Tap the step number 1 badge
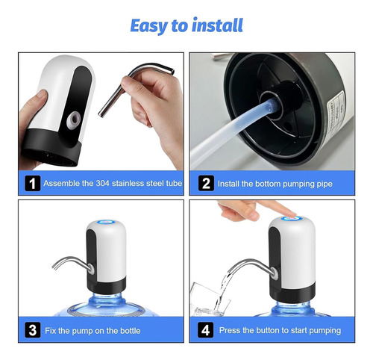pyautogui.click(x=33, y=183)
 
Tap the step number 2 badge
pyautogui.click(x=206, y=183)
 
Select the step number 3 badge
pyautogui.click(x=33, y=330)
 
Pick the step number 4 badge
pyautogui.click(x=205, y=330)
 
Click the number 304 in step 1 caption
pyautogui.click(x=102, y=183)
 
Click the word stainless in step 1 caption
pyautogui.click(x=128, y=183)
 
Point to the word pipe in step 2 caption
pyautogui.click(x=324, y=184)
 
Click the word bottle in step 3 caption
pyautogui.click(x=131, y=331)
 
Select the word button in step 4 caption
pyautogui.click(x=267, y=330)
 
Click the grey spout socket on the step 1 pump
pyautogui.click(x=74, y=120)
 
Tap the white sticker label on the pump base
pyautogui.click(x=337, y=113)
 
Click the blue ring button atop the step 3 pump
pyautogui.click(x=106, y=222)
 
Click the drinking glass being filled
pyautogui.click(x=210, y=300)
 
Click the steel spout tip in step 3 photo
pyautogui.click(x=54, y=267)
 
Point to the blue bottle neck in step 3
pyautogui.click(x=107, y=299)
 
